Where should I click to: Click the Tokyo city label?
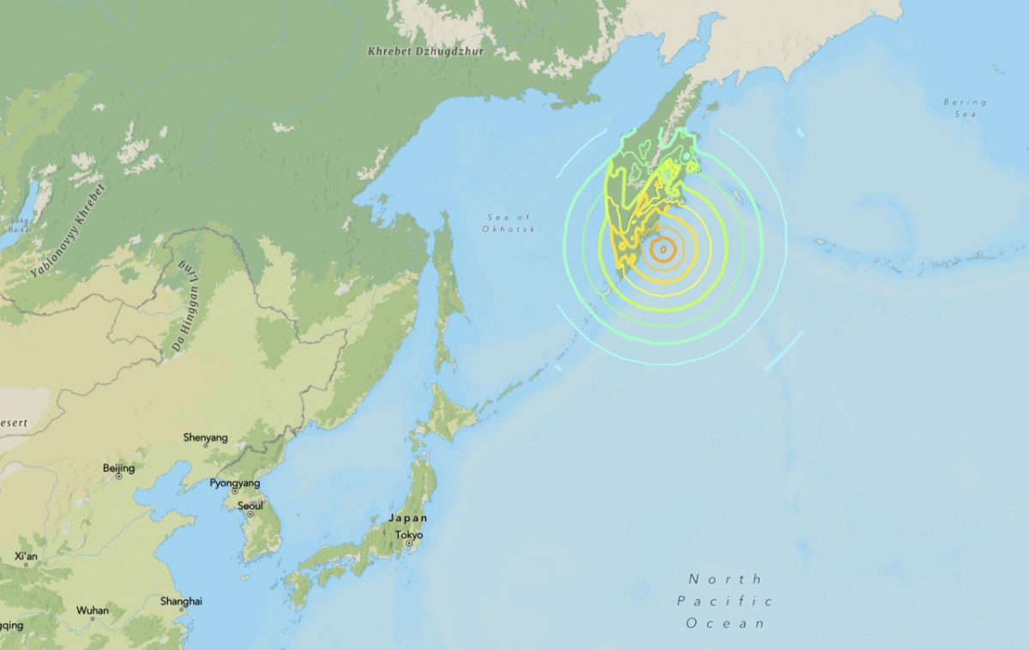coord(409,535)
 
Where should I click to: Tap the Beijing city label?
coord(118,468)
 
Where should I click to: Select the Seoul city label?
coord(250,505)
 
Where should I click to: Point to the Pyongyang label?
coord(235,484)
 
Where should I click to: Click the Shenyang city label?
coord(206,438)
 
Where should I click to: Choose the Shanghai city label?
coord(181,601)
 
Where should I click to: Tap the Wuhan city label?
coord(93,611)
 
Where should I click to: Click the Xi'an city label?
coord(26,556)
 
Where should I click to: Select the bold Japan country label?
coord(407,519)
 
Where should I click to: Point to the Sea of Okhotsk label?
coord(508,224)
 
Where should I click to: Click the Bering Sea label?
coord(966,107)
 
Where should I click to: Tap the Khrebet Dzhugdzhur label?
coord(426,52)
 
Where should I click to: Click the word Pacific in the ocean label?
coord(725,601)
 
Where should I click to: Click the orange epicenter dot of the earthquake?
coord(662,250)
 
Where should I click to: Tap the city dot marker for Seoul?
coord(250,515)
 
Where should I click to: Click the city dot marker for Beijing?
coord(118,477)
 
